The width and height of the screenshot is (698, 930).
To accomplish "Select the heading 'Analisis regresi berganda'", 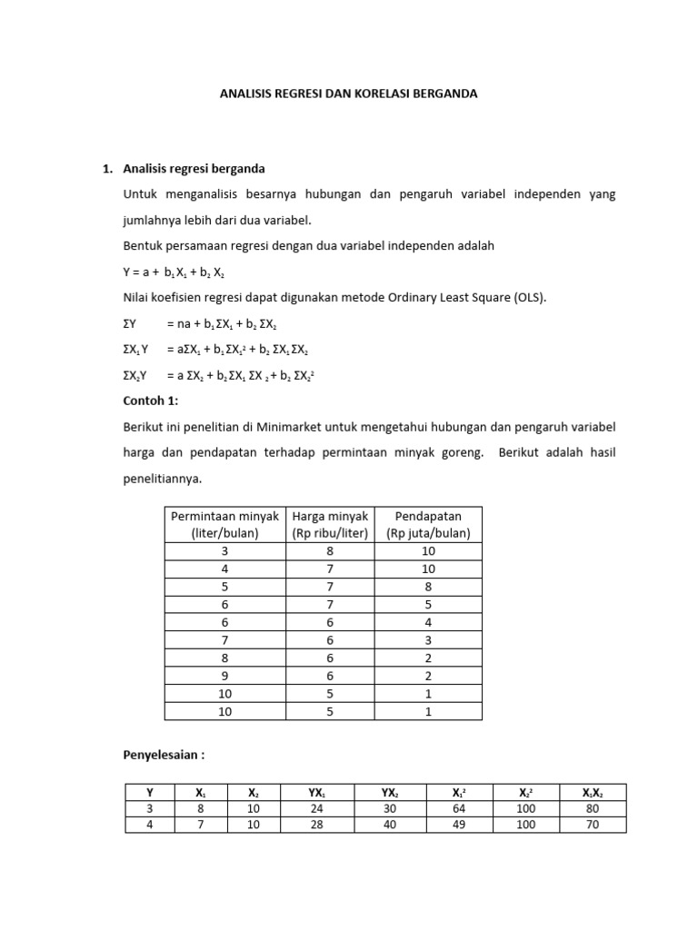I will point(194,169).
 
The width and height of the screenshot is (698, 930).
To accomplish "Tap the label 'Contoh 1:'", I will point(150,401).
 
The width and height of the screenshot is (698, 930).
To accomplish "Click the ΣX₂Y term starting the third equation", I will point(136,374).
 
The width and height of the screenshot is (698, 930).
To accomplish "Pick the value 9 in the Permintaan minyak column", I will point(225,675).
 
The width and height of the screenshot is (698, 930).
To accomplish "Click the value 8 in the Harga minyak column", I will point(329,550).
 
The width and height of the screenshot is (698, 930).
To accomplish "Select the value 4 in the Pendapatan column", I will point(428,622).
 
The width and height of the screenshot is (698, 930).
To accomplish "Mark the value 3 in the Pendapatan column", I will point(428,639).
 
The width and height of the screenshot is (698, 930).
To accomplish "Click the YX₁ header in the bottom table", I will point(316,792).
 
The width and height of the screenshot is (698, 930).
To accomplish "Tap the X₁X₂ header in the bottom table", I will point(593,792).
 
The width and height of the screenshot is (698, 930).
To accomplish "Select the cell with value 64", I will point(459,808).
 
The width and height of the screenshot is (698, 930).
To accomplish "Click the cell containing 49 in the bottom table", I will point(459,826).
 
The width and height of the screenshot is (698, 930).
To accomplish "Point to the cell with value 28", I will point(316,826).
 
